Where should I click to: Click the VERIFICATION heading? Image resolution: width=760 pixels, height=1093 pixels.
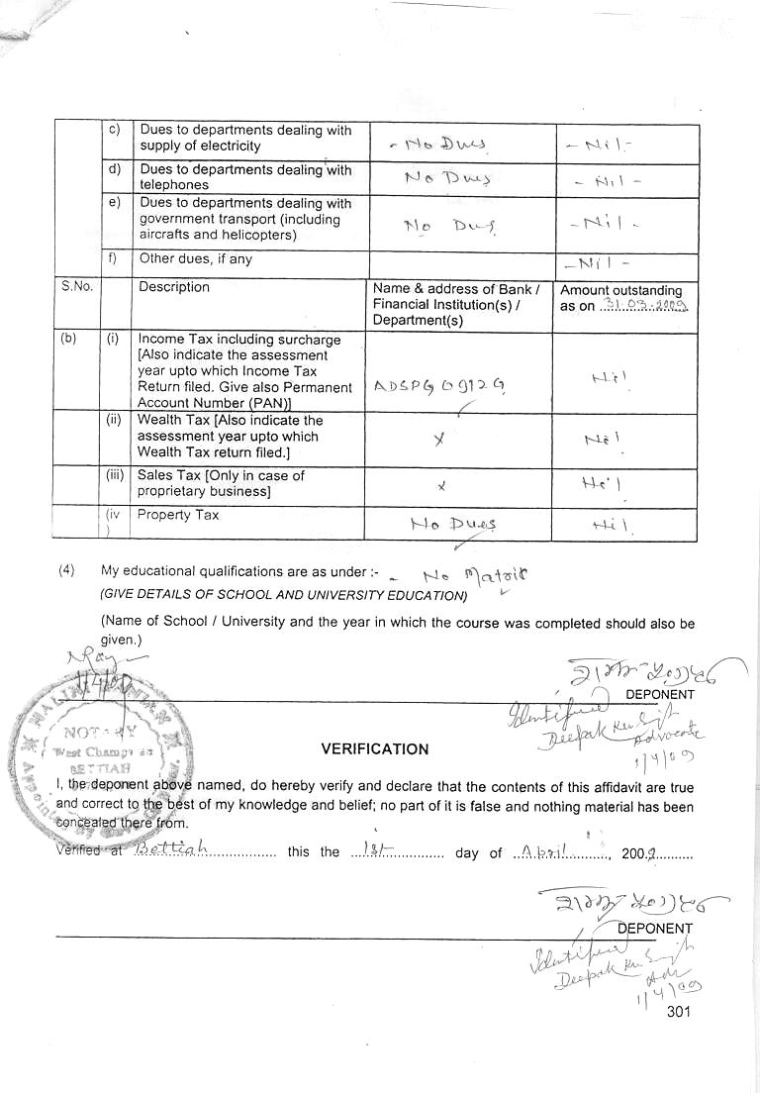(x=375, y=749)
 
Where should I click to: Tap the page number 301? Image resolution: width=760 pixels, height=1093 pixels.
(x=679, y=1011)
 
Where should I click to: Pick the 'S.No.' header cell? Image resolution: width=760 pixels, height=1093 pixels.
(x=76, y=287)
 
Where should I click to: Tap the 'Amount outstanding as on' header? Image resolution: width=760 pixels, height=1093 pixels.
(x=623, y=298)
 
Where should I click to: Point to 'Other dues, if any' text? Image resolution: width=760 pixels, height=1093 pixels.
(x=195, y=259)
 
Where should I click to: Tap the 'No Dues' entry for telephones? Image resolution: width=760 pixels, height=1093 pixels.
(x=446, y=178)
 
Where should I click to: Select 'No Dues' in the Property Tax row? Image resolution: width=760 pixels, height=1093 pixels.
(x=453, y=524)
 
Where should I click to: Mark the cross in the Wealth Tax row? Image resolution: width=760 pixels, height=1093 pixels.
(x=439, y=438)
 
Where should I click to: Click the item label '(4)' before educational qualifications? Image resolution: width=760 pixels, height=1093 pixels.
(x=66, y=570)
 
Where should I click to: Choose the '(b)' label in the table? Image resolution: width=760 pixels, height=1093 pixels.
(x=68, y=339)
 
